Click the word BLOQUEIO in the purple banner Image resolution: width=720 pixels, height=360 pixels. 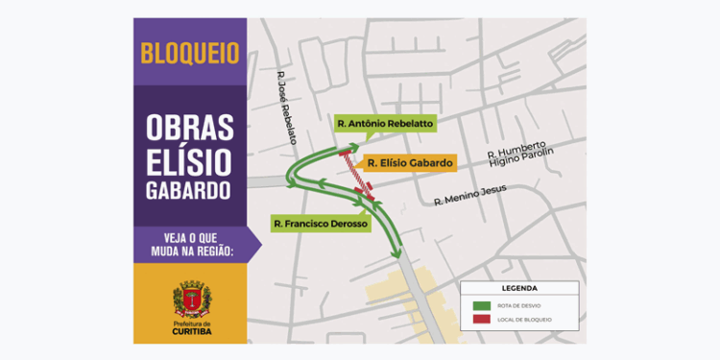click(x=189, y=53)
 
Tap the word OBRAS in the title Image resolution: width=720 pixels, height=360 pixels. click(x=189, y=126)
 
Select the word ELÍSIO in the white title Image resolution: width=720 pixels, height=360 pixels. click(x=189, y=157)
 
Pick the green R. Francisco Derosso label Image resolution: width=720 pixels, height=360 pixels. click(x=320, y=224)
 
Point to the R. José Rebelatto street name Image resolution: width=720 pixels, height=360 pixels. click(x=286, y=109)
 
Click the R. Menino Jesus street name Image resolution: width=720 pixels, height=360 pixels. click(x=469, y=195)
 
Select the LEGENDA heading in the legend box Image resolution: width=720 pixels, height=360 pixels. click(x=519, y=287)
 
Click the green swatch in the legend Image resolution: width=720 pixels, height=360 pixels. click(x=482, y=305)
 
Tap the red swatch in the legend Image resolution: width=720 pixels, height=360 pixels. click(x=482, y=319)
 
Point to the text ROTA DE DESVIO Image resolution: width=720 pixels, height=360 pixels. click(x=518, y=305)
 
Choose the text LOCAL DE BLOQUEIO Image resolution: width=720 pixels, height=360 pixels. click(x=523, y=319)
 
